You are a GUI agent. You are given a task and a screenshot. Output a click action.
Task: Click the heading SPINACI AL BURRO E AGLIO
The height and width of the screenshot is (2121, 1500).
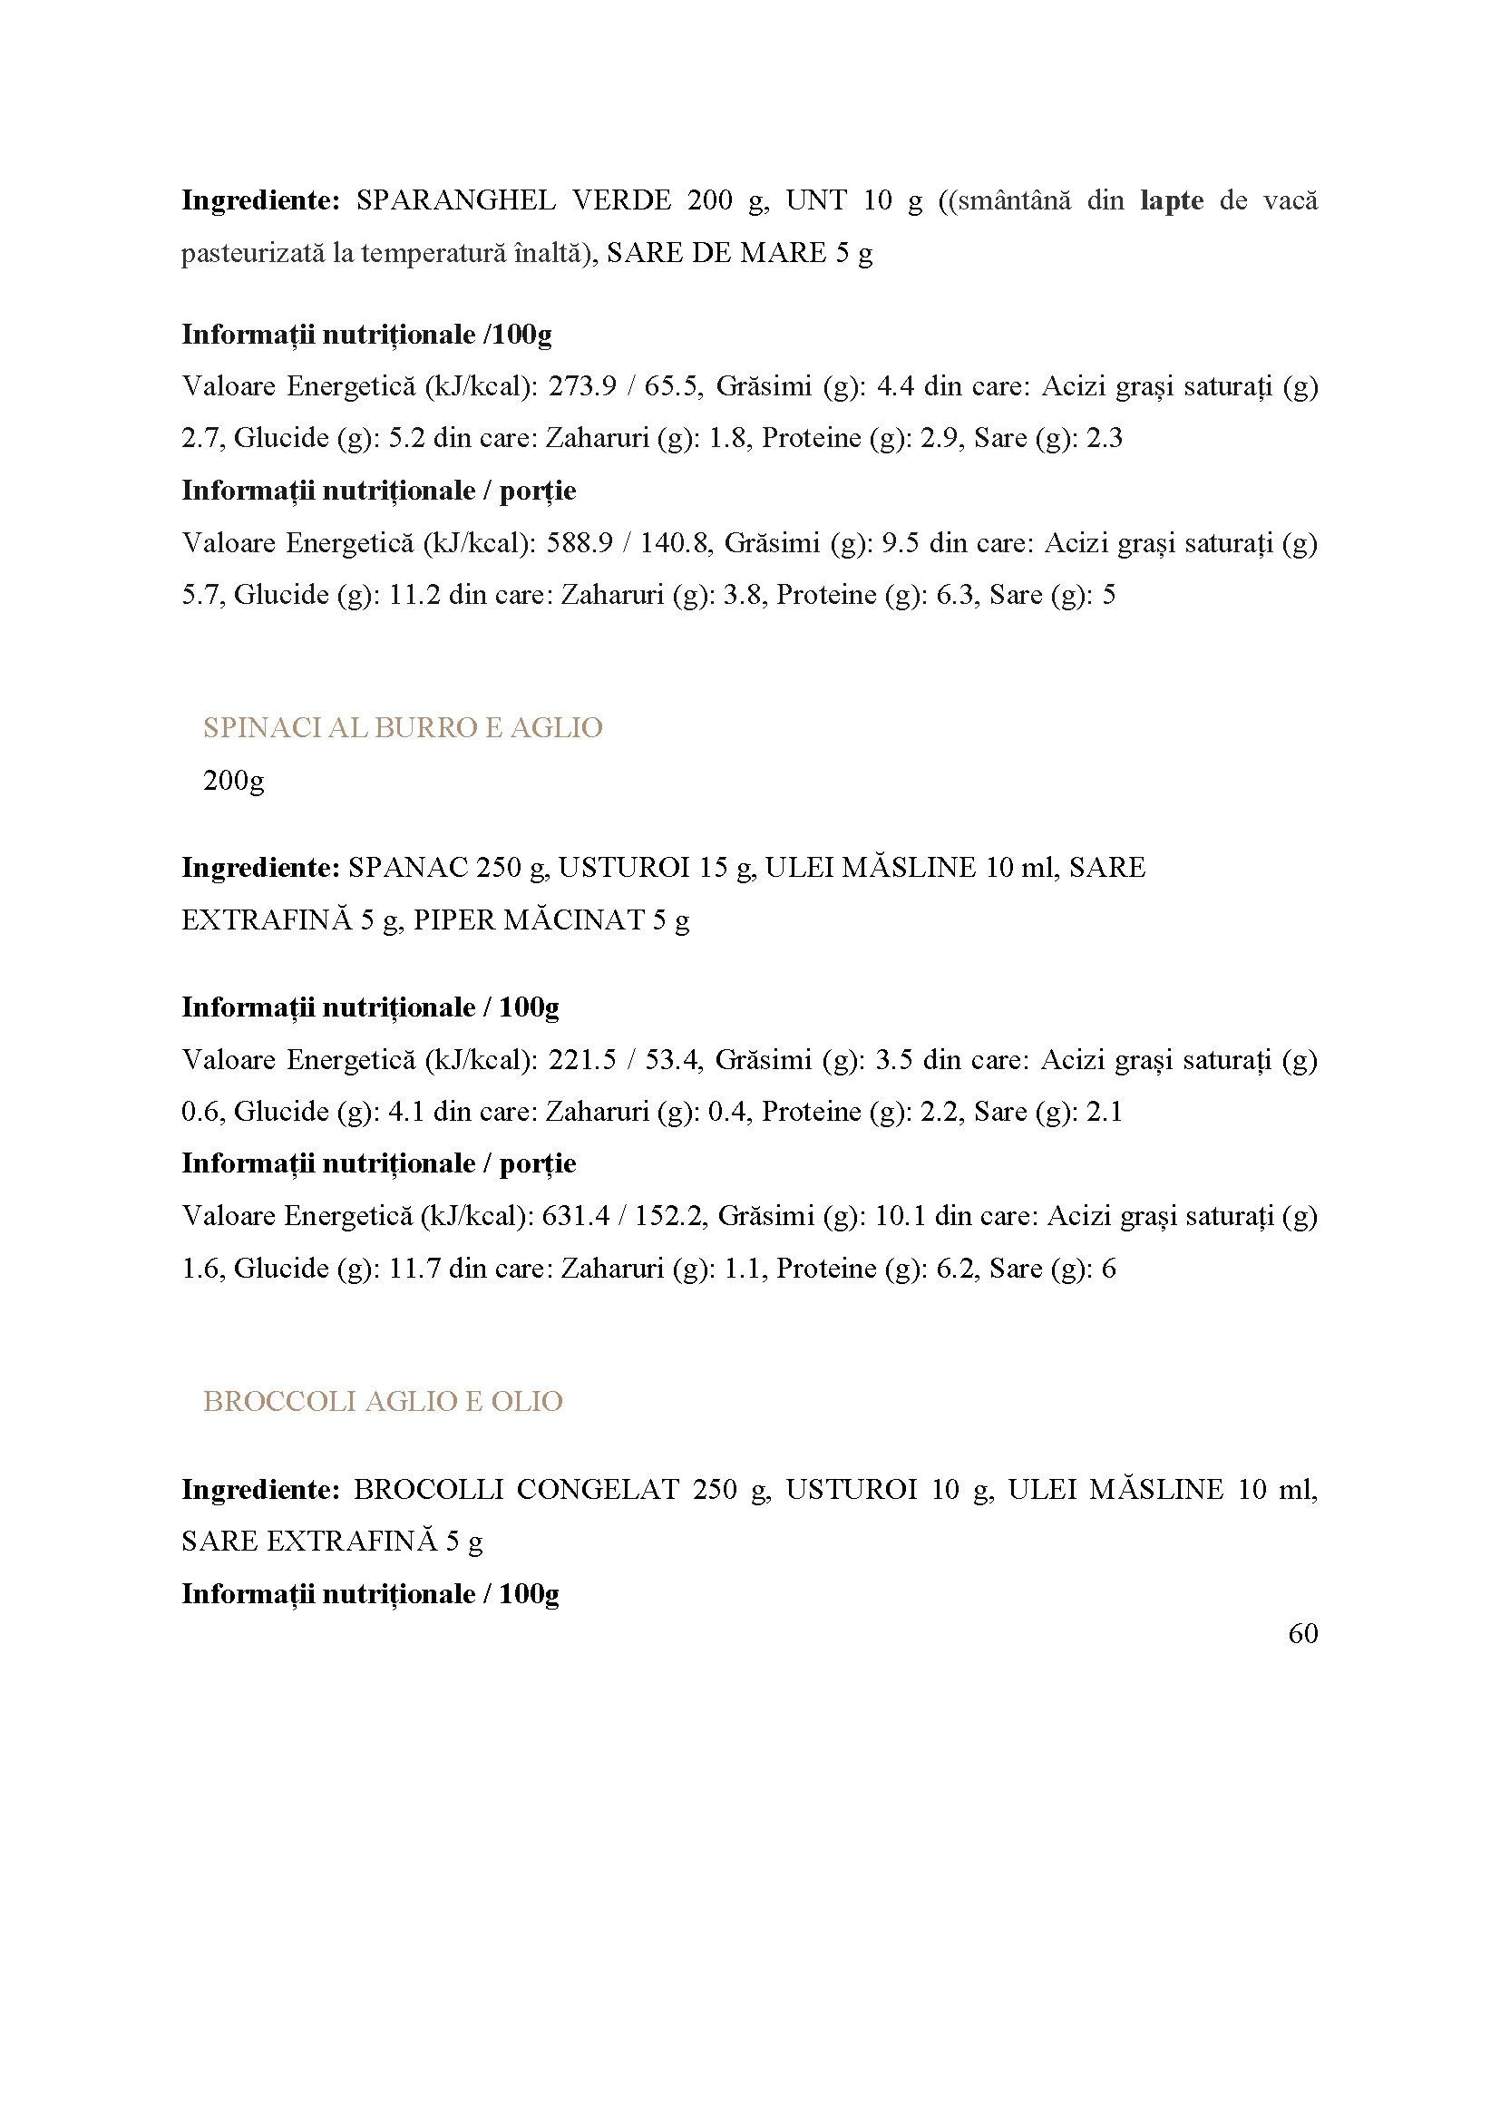click(403, 728)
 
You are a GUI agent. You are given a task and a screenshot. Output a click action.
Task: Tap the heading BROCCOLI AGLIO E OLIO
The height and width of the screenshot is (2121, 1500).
click(383, 1401)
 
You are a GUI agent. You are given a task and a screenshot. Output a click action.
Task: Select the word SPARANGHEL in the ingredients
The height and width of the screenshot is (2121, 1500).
click(455, 200)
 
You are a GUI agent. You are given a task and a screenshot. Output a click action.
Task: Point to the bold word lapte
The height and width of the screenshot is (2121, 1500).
click(1172, 200)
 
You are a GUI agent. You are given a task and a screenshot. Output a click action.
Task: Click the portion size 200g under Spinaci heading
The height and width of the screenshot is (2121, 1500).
click(234, 781)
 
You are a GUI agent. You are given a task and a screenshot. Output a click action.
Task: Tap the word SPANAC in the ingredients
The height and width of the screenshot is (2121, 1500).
click(400, 868)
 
